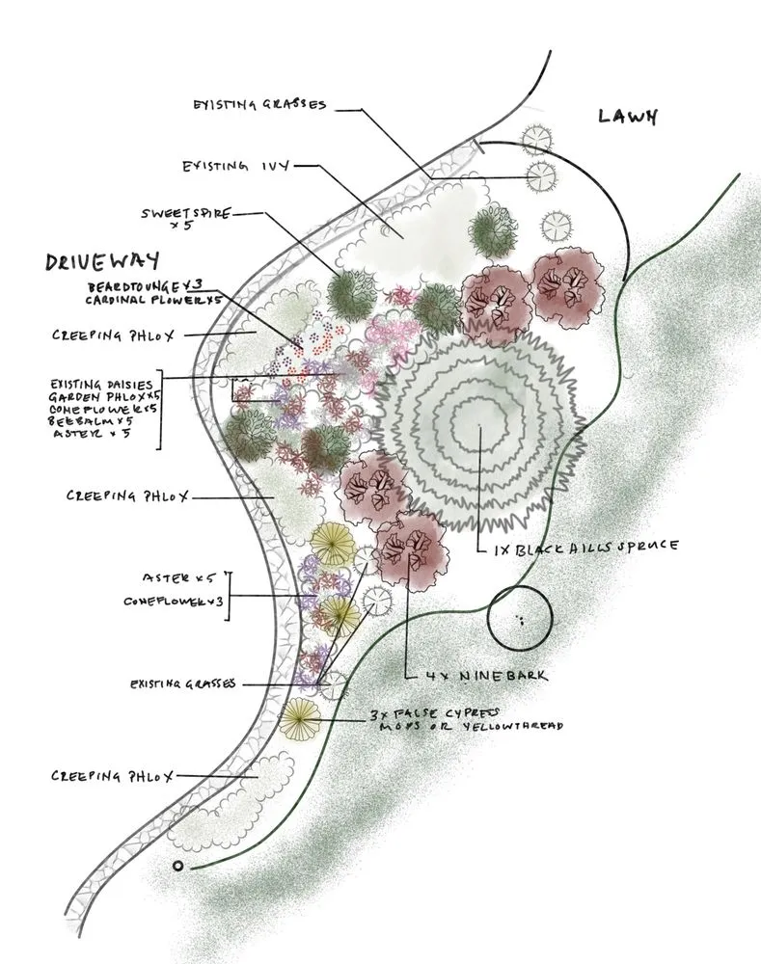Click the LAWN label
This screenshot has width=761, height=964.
(627, 117)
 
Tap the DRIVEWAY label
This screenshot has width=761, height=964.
(101, 263)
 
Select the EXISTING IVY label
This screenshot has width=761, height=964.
(235, 167)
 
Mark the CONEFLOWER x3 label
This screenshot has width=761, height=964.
(174, 601)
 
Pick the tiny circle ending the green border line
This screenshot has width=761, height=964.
(177, 865)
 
